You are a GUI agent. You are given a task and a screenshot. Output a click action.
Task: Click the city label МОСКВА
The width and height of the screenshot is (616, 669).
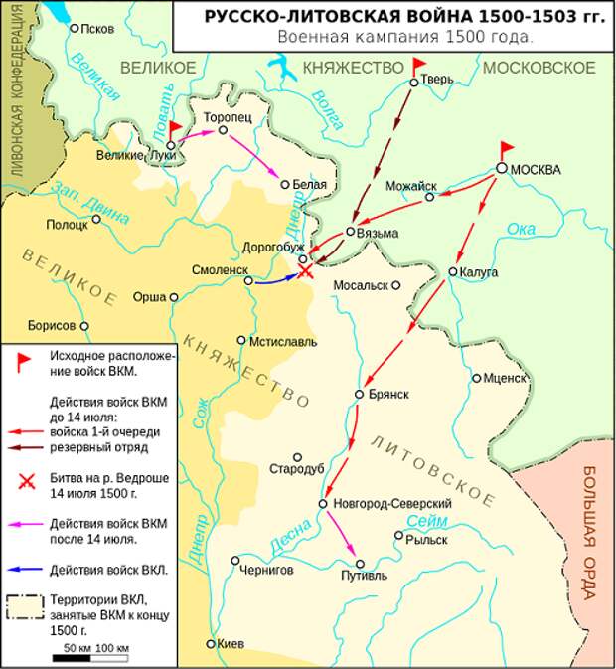(x=536, y=169)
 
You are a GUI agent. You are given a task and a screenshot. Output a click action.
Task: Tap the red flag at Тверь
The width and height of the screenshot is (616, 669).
(x=419, y=67)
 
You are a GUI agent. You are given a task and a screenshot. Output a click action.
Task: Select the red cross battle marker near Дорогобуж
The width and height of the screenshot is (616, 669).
(x=307, y=270)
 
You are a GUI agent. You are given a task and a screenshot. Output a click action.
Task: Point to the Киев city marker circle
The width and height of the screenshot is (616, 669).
(x=211, y=644)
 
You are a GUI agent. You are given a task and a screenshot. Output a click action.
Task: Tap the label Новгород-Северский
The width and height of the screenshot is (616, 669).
(x=391, y=504)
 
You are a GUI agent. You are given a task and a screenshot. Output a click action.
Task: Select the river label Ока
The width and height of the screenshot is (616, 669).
(x=521, y=230)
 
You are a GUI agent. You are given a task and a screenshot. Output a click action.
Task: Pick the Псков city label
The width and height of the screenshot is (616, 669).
(x=97, y=29)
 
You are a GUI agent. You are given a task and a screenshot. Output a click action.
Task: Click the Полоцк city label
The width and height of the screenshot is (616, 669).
(x=67, y=226)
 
